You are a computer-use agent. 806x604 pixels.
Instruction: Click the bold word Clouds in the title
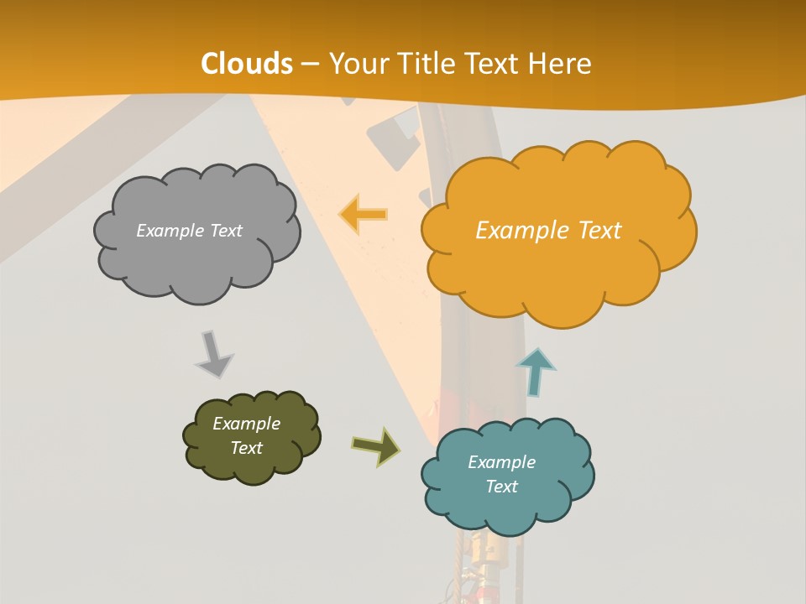click(x=247, y=64)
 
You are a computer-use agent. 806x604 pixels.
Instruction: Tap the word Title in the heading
click(x=428, y=64)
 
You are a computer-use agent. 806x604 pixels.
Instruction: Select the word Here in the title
click(x=563, y=64)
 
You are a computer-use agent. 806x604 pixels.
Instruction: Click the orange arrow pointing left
click(x=364, y=215)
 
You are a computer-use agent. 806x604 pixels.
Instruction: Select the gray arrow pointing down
click(x=213, y=355)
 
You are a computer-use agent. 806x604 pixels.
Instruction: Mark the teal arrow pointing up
click(x=536, y=372)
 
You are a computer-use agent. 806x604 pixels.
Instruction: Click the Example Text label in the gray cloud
click(x=189, y=231)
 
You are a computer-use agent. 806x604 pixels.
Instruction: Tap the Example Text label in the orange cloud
click(x=548, y=231)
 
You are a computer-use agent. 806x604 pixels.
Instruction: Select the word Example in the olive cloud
click(x=246, y=424)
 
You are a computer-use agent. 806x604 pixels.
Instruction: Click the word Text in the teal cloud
click(x=501, y=487)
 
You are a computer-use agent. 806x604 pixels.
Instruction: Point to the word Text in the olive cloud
click(x=246, y=448)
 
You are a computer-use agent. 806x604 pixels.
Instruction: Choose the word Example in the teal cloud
click(x=501, y=462)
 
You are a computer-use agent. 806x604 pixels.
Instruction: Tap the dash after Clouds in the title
click(x=308, y=64)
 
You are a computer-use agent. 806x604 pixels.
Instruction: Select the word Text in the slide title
click(x=494, y=64)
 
